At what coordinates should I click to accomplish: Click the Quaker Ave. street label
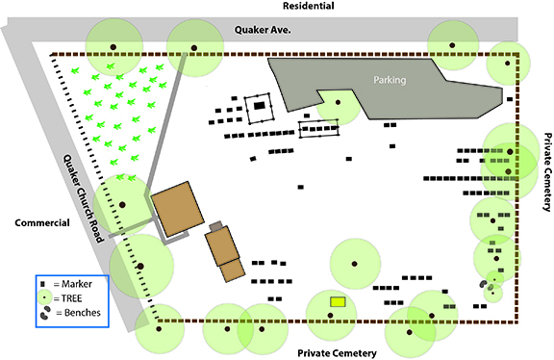(x=263, y=30)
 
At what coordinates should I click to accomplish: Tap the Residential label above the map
(x=309, y=6)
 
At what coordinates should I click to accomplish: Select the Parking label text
(x=390, y=80)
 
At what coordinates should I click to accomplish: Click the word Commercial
(x=42, y=222)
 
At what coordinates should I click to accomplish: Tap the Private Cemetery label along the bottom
(x=337, y=353)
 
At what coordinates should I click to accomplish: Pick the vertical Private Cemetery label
(x=547, y=172)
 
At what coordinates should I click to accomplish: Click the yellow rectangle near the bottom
(x=338, y=301)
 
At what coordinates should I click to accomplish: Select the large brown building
(x=178, y=209)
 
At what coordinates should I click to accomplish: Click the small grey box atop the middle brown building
(x=215, y=225)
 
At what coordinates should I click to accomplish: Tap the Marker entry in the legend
(x=66, y=284)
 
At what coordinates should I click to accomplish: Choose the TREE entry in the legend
(x=60, y=298)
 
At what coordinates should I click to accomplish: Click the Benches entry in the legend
(x=70, y=313)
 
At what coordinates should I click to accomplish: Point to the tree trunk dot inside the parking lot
(x=339, y=103)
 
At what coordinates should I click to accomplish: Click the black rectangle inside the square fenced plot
(x=260, y=105)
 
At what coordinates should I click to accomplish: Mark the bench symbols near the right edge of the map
(x=487, y=285)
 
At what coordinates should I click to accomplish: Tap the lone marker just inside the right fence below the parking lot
(x=510, y=99)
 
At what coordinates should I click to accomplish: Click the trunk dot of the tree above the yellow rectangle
(x=354, y=264)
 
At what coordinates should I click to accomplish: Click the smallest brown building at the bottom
(x=232, y=270)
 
